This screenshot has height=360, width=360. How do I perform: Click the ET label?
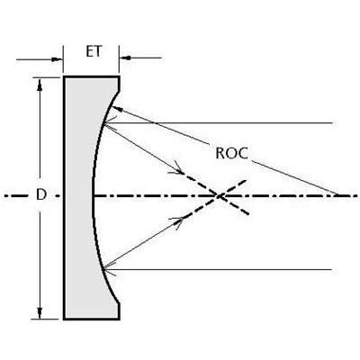point(94,51)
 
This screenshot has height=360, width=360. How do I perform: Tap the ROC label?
point(232,153)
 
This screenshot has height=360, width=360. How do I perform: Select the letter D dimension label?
point(41,195)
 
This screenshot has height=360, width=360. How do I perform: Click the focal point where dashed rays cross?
point(220,196)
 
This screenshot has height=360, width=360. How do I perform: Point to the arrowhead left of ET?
point(57,59)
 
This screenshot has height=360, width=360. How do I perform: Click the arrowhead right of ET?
point(125,58)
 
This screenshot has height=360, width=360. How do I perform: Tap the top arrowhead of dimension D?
point(40,84)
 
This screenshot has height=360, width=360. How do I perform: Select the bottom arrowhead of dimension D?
point(40,313)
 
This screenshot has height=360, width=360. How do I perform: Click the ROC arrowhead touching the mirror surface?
point(116,109)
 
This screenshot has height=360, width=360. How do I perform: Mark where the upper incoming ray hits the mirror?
point(103,123)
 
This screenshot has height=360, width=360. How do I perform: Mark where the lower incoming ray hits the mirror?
point(103,269)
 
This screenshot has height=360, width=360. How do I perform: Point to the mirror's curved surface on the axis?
point(93,196)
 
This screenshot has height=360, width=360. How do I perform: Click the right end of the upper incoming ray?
point(332,123)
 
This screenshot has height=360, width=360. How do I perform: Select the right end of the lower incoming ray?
point(331,269)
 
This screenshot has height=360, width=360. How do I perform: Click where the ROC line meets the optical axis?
point(338,195)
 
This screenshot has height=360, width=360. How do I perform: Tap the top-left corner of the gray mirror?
point(64,77)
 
